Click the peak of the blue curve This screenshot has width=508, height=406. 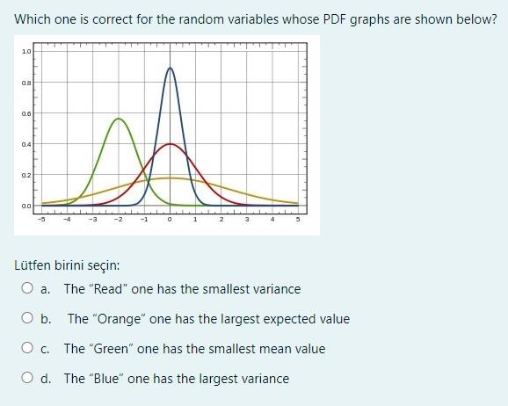(x=170, y=68)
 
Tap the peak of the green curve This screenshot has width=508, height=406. (x=119, y=118)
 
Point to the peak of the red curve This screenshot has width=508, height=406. (x=170, y=143)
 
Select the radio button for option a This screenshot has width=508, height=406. (x=29, y=288)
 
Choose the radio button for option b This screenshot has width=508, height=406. (x=29, y=319)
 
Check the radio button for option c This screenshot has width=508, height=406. (x=29, y=349)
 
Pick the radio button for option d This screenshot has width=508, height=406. (x=29, y=379)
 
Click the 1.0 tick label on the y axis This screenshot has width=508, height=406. (x=26, y=52)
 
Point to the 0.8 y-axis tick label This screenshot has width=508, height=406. (x=26, y=83)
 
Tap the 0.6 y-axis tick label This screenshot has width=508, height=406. (x=26, y=113)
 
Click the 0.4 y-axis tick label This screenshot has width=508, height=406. (x=26, y=144)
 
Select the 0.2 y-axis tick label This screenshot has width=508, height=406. (x=26, y=175)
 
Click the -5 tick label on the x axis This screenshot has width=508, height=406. (x=41, y=220)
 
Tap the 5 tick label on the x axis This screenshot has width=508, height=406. (x=297, y=220)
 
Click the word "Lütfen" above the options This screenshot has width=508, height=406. (x=34, y=264)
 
